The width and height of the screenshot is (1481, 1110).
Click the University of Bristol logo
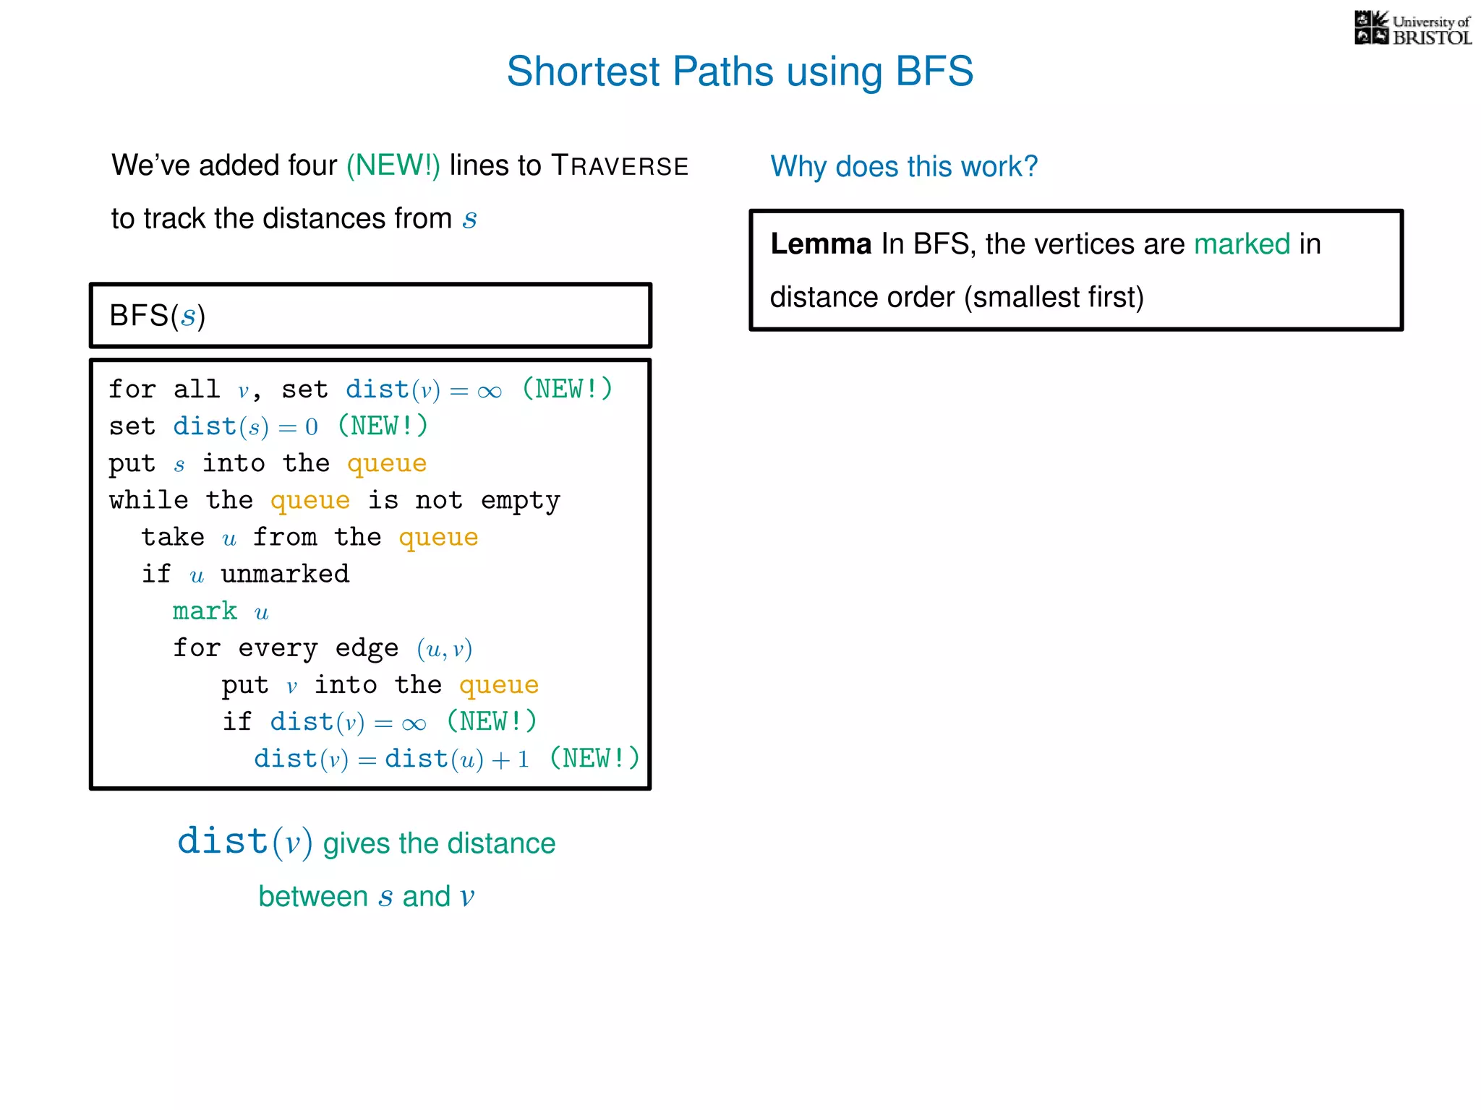click(1412, 29)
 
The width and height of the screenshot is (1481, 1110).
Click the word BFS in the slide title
click(934, 72)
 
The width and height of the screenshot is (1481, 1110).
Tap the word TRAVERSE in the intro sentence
click(620, 165)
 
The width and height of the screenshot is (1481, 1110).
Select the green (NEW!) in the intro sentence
click(393, 165)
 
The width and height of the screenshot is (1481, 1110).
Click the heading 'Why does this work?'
click(904, 167)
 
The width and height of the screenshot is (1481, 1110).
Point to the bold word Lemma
click(821, 244)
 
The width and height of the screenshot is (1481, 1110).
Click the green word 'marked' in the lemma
click(1242, 244)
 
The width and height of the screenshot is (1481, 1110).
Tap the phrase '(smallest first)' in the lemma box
click(1054, 298)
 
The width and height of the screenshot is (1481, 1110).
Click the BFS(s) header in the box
click(158, 316)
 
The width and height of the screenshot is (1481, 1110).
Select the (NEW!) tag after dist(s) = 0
click(383, 426)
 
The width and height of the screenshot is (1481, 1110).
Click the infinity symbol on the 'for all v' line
click(490, 391)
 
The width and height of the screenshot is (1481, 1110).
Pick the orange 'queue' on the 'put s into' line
click(387, 463)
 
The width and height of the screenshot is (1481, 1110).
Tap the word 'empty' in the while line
click(521, 500)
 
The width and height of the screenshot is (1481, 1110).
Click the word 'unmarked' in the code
click(285, 574)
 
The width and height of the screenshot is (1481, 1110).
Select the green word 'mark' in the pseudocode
click(205, 611)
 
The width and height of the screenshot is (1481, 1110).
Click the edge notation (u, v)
click(444, 649)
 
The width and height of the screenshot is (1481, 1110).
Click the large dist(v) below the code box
click(244, 843)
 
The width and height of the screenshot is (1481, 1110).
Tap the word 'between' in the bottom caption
click(313, 897)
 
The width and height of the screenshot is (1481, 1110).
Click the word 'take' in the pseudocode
click(173, 537)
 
